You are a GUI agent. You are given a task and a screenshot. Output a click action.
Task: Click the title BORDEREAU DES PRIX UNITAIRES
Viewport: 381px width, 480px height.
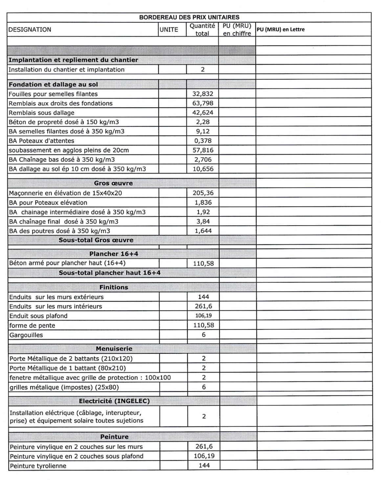click(x=189, y=17)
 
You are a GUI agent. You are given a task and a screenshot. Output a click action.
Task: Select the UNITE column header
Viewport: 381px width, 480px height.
click(x=169, y=30)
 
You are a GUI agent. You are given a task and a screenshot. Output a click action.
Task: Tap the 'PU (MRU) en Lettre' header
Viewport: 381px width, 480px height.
click(x=280, y=30)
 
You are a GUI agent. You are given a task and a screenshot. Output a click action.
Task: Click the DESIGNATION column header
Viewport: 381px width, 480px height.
click(x=30, y=30)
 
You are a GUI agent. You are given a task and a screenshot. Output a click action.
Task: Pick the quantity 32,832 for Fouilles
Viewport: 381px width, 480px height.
click(x=203, y=94)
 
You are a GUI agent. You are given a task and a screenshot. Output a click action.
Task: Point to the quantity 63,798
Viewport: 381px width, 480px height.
click(x=203, y=103)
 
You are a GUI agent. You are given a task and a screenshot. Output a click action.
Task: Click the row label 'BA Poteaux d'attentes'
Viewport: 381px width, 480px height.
click(x=41, y=141)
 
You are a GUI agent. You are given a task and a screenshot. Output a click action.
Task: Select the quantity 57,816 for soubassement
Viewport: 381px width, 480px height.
click(x=203, y=150)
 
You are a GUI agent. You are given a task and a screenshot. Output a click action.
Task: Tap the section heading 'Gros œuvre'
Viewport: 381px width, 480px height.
click(x=113, y=183)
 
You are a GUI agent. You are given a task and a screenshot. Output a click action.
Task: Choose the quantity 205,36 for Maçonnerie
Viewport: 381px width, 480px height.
click(x=203, y=193)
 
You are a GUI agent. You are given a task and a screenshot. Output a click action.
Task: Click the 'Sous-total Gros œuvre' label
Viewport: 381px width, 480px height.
click(x=96, y=240)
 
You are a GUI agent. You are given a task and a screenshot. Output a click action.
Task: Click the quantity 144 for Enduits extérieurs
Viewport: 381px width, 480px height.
click(x=204, y=297)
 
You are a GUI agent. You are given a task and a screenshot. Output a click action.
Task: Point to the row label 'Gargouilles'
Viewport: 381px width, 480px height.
click(x=26, y=335)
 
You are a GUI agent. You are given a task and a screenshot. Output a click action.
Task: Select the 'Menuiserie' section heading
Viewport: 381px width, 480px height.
click(x=114, y=349)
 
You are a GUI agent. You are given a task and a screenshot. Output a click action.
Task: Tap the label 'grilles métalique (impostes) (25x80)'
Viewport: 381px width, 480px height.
click(x=64, y=387)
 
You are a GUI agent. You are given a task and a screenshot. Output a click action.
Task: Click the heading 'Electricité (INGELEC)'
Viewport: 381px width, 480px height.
click(x=114, y=401)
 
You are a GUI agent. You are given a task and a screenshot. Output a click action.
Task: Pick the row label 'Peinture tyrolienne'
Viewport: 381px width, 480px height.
click(x=38, y=466)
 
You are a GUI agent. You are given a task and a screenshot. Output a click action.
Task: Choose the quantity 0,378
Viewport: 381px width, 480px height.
click(x=203, y=141)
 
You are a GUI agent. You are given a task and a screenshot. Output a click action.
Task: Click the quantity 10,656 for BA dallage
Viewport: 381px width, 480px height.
click(x=203, y=169)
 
